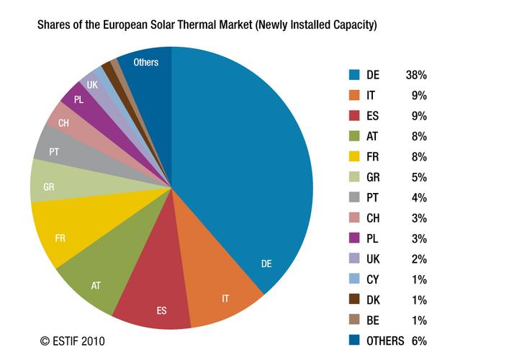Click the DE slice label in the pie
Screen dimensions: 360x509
(266, 264)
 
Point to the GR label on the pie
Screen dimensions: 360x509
(50, 186)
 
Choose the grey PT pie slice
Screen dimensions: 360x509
(54, 152)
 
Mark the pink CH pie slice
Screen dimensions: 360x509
(63, 122)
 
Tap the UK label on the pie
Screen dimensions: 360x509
(92, 85)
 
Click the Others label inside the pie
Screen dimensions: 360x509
(146, 63)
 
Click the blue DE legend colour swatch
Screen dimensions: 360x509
(353, 73)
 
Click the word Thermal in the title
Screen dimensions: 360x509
(220, 25)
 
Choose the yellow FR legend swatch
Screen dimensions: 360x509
(353, 156)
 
